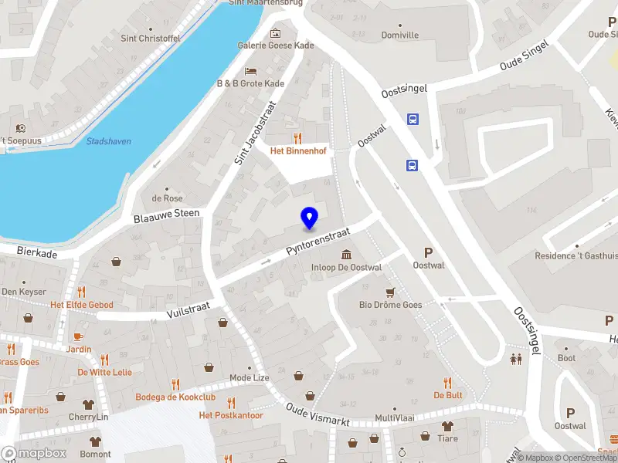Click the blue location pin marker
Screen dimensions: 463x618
point(309,218)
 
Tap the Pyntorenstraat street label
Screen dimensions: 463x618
point(318,241)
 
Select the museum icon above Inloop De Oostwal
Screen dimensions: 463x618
point(347,255)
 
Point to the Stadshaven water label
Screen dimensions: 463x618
point(108,141)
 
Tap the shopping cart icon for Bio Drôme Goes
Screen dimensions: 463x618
point(391,292)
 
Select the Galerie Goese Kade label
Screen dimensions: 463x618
point(276,46)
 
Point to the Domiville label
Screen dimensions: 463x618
point(400,35)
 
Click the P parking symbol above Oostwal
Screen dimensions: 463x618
point(428,252)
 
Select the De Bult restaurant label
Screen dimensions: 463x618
point(447,395)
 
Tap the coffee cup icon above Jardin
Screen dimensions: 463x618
point(77,336)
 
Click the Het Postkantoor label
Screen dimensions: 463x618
point(231,415)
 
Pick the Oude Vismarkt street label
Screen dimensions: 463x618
point(318,414)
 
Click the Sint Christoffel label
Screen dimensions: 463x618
point(150,38)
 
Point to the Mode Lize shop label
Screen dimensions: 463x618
point(250,378)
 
